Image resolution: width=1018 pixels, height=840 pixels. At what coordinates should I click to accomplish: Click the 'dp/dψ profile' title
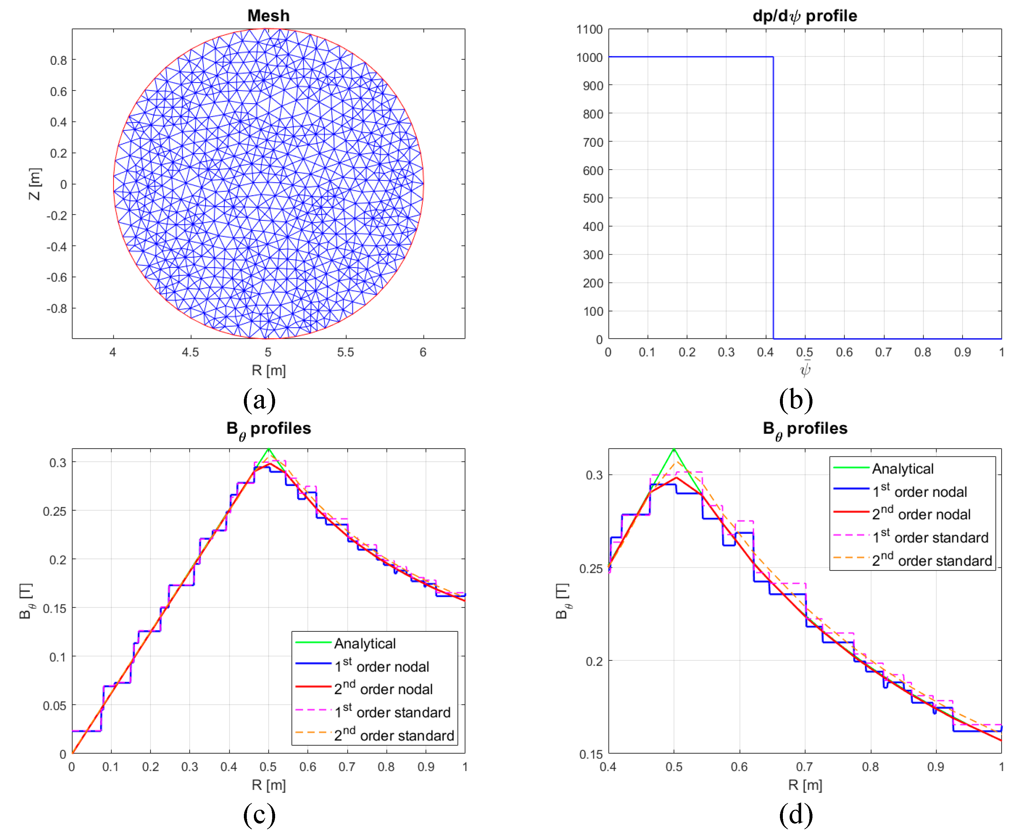[805, 16]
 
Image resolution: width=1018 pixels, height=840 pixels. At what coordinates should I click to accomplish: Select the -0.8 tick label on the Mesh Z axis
[57, 308]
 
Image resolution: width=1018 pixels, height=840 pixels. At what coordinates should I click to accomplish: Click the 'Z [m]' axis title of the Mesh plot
[35, 184]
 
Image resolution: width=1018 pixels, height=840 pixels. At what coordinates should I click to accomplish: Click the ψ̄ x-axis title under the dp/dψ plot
[805, 369]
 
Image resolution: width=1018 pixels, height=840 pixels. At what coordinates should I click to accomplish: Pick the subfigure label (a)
[260, 400]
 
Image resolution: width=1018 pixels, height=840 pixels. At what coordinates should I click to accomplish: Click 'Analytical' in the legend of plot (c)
[365, 644]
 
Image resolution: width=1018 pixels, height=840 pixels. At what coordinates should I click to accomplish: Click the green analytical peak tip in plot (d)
[674, 449]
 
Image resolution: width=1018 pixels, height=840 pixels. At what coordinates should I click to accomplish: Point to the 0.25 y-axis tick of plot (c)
[54, 511]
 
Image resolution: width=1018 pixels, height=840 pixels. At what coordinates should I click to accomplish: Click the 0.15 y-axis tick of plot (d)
[591, 754]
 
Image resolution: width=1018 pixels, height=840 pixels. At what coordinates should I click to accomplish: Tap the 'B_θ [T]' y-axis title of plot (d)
[563, 601]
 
